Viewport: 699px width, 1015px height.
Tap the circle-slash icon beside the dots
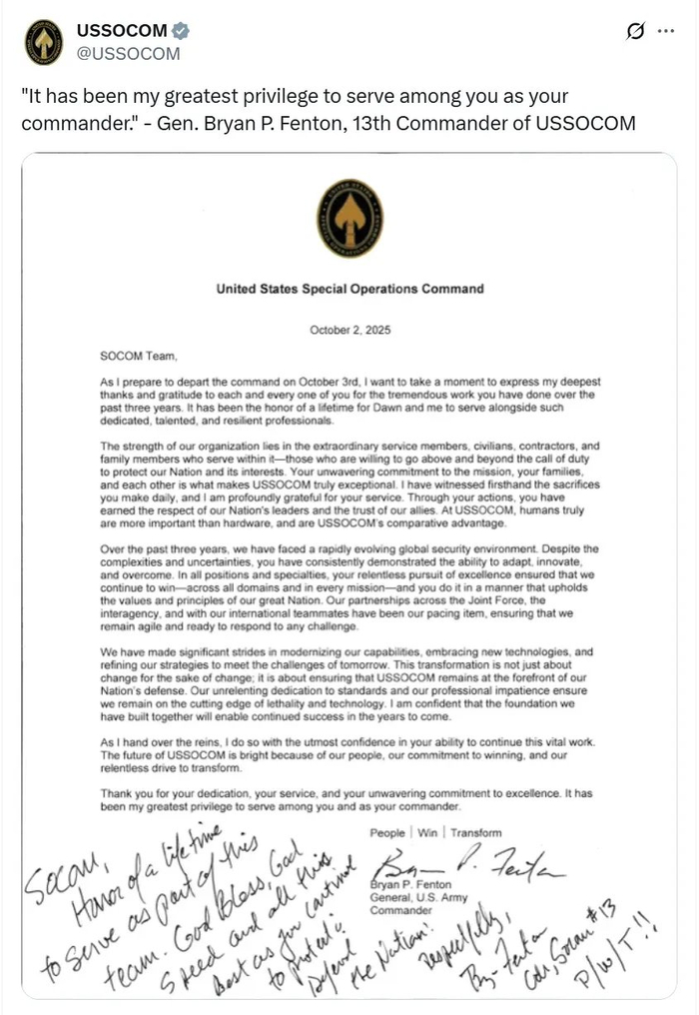pos(633,32)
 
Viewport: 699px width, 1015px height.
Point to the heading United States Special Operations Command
pos(349,290)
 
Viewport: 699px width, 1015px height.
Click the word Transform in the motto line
pos(475,832)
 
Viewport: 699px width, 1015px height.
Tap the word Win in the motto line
pos(426,832)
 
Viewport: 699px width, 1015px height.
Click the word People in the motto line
pos(387,832)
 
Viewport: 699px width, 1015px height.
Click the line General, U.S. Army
pos(411,898)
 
